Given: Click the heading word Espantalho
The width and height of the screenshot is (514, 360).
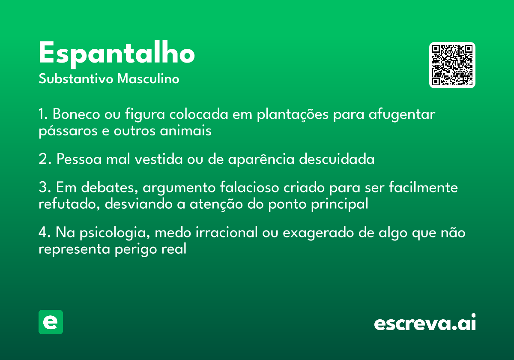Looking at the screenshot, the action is [x=117, y=54].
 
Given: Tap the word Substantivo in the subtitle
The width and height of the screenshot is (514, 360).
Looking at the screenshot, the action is [x=76, y=78].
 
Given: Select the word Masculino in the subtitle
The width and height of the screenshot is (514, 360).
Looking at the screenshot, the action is [x=148, y=78].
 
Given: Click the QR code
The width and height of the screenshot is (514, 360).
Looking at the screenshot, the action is [x=452, y=65].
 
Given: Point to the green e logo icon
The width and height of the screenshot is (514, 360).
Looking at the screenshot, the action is [x=51, y=322].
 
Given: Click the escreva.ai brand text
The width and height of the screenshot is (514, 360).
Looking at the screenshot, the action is [x=425, y=322].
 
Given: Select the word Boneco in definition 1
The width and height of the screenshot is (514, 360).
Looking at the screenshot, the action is [x=76, y=114].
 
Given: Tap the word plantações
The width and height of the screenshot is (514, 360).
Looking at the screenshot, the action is [x=293, y=115].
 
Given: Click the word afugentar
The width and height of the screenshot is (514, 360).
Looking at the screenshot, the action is [x=402, y=115].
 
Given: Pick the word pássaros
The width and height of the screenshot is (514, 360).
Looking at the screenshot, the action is [x=68, y=131].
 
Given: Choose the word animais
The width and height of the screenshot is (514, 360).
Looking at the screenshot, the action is [x=185, y=131].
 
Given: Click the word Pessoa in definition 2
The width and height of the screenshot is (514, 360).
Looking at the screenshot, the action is [x=79, y=159].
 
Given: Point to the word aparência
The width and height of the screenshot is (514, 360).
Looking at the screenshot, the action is [x=261, y=159].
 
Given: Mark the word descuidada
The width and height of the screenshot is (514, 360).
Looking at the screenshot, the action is [x=337, y=159].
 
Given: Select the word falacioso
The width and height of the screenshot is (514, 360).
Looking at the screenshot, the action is [x=249, y=187].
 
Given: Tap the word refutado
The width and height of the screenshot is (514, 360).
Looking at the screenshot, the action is [x=69, y=204].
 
